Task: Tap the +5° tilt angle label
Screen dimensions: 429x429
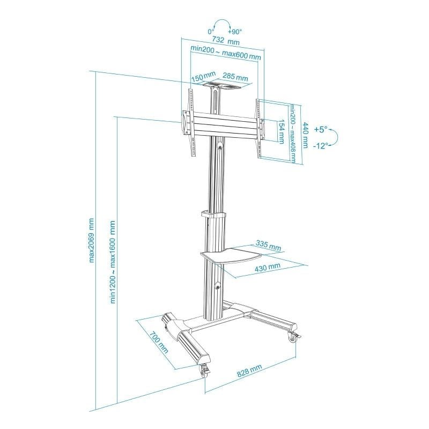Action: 320,130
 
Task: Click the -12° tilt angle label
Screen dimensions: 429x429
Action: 321,145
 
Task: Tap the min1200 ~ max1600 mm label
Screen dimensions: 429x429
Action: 113,263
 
